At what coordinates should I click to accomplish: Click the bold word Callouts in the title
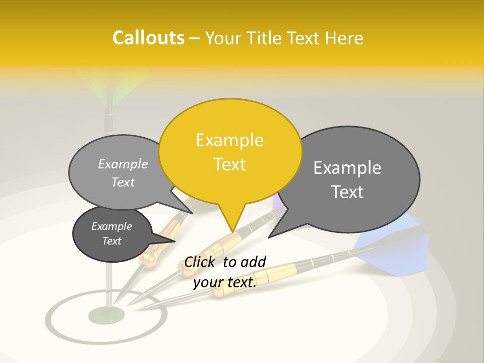point(148,38)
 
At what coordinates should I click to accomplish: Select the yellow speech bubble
point(230,151)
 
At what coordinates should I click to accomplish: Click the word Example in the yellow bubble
point(229,140)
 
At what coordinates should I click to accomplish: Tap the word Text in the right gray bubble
point(347,192)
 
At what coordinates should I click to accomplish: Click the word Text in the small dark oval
point(112,241)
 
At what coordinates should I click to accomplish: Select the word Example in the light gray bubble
point(123,164)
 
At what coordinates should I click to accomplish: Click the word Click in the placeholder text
point(201,262)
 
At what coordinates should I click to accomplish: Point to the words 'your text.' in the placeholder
point(225,283)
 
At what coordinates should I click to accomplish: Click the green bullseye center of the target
point(106,316)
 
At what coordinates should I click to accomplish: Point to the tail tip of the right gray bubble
point(269,237)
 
